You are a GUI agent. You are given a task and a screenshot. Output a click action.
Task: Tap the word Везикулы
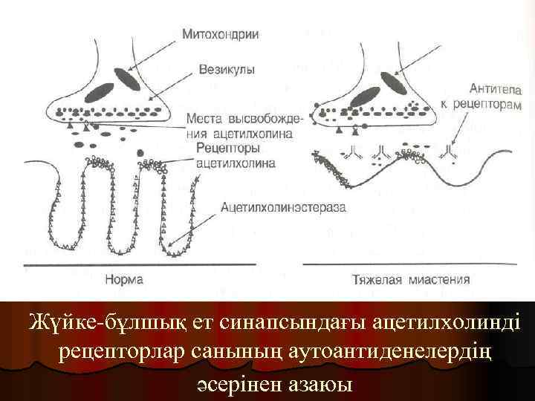pos(227,69)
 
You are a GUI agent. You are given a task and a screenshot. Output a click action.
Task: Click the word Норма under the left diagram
pos(125,280)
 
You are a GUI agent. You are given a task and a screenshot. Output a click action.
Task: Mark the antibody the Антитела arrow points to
pos(449,154)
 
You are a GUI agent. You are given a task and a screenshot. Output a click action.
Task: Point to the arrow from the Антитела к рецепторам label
pos(461,128)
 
